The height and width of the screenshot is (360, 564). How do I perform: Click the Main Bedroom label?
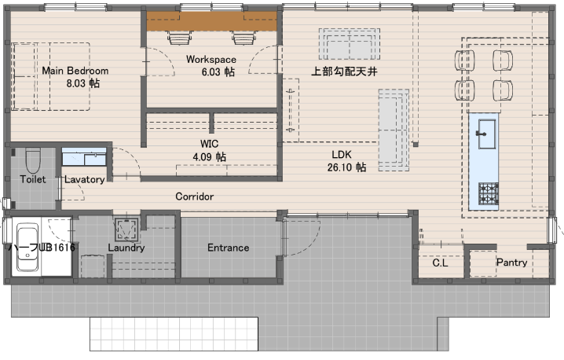pyautogui.click(x=75, y=71)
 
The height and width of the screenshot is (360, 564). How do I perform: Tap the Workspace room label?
pyautogui.click(x=211, y=60)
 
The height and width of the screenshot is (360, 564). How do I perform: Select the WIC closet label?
pyautogui.click(x=209, y=144)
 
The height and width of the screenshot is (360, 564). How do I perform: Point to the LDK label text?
pyautogui.click(x=342, y=155)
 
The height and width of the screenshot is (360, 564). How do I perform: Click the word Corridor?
pyautogui.click(x=194, y=197)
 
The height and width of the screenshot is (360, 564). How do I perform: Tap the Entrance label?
pyautogui.click(x=228, y=248)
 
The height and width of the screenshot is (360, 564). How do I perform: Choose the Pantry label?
pyautogui.click(x=511, y=263)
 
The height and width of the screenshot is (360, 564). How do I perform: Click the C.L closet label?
pyautogui.click(x=440, y=263)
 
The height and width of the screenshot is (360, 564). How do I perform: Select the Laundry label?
pyautogui.click(x=126, y=248)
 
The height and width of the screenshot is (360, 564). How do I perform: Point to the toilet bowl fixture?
pyautogui.click(x=33, y=160)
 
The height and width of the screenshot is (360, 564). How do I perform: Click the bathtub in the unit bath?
pyautogui.click(x=27, y=248)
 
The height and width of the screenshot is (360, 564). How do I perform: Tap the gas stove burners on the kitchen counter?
pyautogui.click(x=489, y=193)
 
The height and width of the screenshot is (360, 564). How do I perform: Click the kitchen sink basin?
pyautogui.click(x=487, y=134)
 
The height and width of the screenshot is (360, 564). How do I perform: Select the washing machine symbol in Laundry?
pyautogui.click(x=126, y=230)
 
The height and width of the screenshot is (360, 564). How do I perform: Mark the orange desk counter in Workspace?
pyautogui.click(x=211, y=21)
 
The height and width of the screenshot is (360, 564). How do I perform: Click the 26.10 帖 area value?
pyautogui.click(x=346, y=167)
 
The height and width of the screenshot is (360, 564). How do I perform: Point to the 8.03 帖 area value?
pyautogui.click(x=82, y=83)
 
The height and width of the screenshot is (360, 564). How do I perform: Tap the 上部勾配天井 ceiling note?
pyautogui.click(x=344, y=72)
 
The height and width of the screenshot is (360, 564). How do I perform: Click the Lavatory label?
pyautogui.click(x=85, y=179)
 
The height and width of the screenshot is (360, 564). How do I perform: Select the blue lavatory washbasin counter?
pyautogui.click(x=84, y=156)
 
